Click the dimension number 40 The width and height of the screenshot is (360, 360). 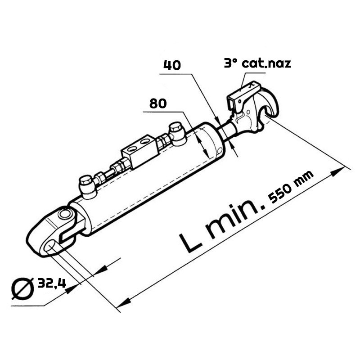[172, 65]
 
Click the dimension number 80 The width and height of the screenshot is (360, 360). [158, 103]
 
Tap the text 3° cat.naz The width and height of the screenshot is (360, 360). [257, 63]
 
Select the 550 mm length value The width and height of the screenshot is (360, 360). [291, 187]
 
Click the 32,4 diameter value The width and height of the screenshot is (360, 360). [52, 283]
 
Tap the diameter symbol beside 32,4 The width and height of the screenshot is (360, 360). [22, 289]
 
